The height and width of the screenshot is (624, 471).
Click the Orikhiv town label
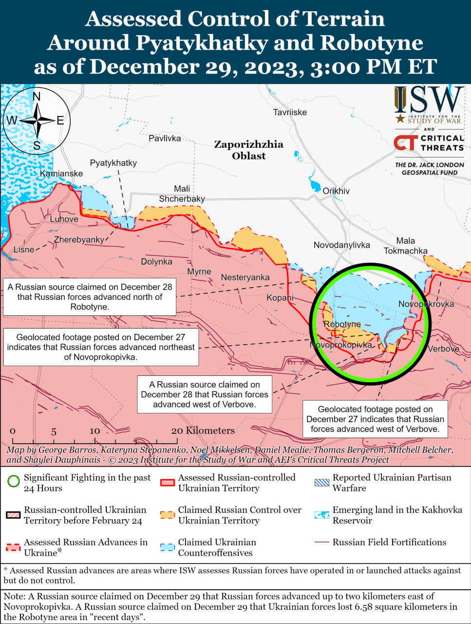(336, 191)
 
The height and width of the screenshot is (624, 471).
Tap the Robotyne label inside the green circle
(342, 324)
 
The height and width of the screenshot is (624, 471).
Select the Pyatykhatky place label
(113, 163)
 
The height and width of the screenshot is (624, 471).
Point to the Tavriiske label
(290, 112)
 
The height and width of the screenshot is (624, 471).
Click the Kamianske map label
(61, 174)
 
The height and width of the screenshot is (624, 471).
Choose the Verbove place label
(443, 349)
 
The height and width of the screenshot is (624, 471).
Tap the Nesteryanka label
(245, 277)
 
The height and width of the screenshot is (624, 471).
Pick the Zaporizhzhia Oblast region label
(248, 150)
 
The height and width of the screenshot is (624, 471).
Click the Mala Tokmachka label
(405, 246)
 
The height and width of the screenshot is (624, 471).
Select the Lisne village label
(24, 250)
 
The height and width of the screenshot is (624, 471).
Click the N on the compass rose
(37, 97)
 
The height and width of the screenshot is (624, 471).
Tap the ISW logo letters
(429, 100)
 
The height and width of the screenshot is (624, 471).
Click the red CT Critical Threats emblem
(406, 142)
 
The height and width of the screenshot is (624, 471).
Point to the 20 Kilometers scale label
(203, 430)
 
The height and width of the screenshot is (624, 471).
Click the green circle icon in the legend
(14, 482)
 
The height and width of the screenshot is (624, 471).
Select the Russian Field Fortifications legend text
(389, 542)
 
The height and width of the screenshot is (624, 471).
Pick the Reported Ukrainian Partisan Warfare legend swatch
(322, 483)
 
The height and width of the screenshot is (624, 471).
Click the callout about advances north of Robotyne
(90, 297)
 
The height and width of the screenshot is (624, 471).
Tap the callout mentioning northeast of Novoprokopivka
(101, 347)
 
